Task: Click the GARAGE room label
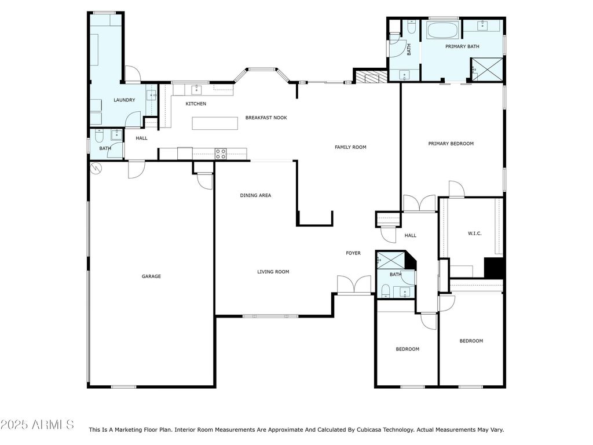[151, 276]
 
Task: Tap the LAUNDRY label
[125, 100]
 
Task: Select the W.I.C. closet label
[475, 234]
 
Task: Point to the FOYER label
[353, 253]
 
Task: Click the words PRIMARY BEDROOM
[451, 144]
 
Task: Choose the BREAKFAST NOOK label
[266, 118]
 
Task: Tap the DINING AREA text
[255, 195]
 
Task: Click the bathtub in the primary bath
[443, 30]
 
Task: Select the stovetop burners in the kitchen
[221, 153]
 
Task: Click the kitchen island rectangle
[215, 123]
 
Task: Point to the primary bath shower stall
[488, 70]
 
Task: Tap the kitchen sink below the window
[196, 90]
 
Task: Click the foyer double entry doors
[354, 284]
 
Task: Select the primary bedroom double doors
[419, 203]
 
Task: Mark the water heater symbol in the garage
[96, 168]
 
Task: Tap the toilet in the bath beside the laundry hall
[99, 136]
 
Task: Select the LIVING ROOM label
[273, 272]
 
